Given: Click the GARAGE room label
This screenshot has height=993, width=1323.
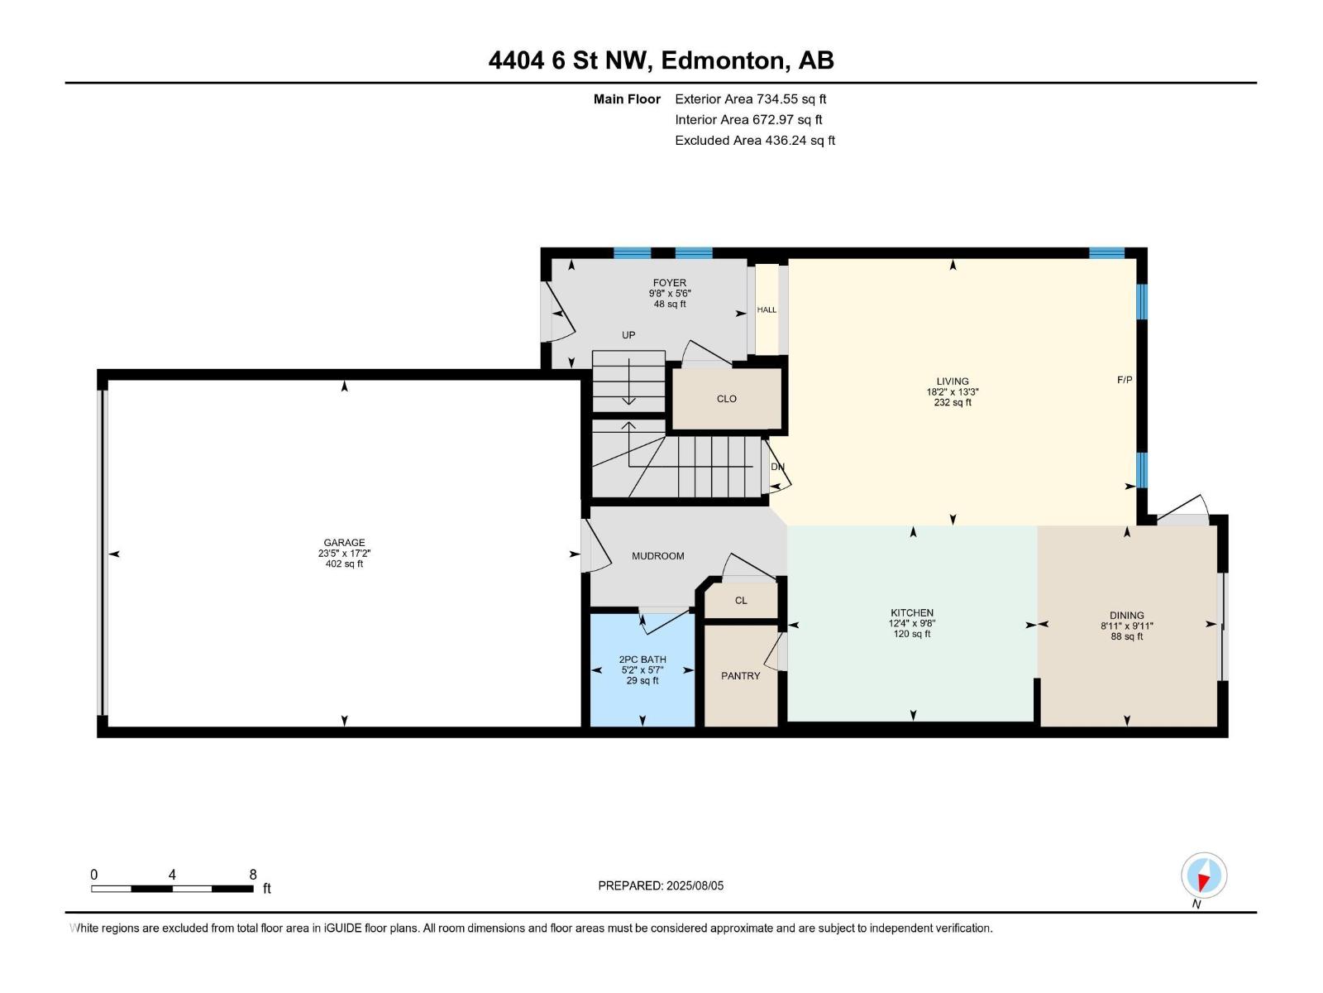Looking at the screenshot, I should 344,543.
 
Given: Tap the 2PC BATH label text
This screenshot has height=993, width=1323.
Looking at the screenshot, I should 642,660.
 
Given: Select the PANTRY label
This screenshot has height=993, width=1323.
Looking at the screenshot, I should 740,676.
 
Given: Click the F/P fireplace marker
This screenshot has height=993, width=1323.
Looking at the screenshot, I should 1125,380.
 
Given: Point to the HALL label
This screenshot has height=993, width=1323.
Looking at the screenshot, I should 767,310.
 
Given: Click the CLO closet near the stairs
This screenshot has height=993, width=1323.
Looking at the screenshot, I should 726,399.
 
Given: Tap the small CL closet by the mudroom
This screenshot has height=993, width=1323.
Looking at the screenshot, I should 741,601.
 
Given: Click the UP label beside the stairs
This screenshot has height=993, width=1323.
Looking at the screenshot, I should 628,335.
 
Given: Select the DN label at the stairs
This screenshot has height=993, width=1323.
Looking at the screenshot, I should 777,467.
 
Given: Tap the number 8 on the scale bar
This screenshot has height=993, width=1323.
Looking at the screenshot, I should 253,875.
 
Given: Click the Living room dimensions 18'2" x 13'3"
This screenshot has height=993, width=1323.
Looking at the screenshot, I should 953,392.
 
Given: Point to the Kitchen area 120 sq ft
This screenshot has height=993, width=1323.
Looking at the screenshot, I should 912,634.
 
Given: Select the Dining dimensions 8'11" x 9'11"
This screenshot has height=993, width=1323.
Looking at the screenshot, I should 1126,626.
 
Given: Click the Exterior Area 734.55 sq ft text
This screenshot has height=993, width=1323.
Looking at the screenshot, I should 750,99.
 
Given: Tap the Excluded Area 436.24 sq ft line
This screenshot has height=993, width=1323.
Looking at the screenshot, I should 754,141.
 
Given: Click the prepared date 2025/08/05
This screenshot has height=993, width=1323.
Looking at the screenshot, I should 695,885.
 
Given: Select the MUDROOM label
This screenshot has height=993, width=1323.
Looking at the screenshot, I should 657,556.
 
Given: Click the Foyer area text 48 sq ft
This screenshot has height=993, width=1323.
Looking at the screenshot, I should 670,305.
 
